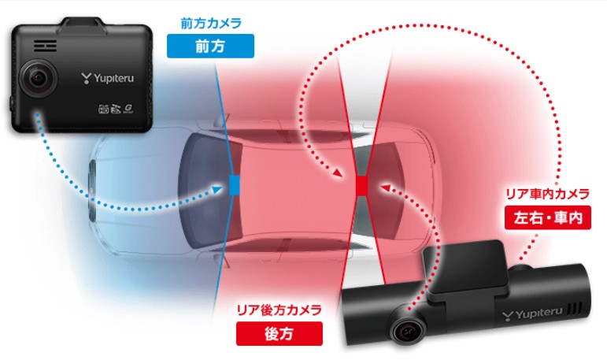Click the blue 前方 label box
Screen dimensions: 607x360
pos(210,46)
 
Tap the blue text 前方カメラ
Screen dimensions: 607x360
pos(211,24)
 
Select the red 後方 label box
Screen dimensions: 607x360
pos(279,333)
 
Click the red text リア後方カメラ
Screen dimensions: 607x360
pos(279,310)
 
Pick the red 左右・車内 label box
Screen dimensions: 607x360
pos(548,217)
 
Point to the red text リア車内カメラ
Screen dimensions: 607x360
pos(548,194)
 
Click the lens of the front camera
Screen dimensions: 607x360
pos(38,79)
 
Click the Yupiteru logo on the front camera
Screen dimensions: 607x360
pos(108,78)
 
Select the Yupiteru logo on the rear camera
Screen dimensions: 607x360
pos(533,314)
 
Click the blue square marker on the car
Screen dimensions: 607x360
pos(234,185)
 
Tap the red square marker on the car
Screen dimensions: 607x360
pos(361,186)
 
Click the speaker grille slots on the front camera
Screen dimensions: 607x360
pos(45,46)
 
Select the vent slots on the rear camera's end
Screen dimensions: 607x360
pos(575,310)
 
